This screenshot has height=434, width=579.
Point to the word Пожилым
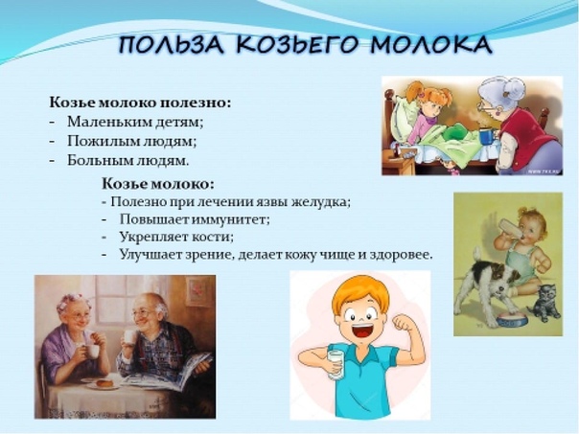coord(97,142)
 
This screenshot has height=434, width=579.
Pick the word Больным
coord(98,161)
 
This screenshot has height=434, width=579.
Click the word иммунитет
coord(232,219)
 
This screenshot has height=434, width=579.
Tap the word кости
coord(214,237)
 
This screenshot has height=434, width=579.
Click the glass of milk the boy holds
coord(336,365)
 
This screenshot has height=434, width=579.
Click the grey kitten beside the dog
coord(544,303)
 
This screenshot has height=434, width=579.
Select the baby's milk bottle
coord(512,229)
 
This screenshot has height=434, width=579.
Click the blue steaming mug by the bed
coord(487,136)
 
